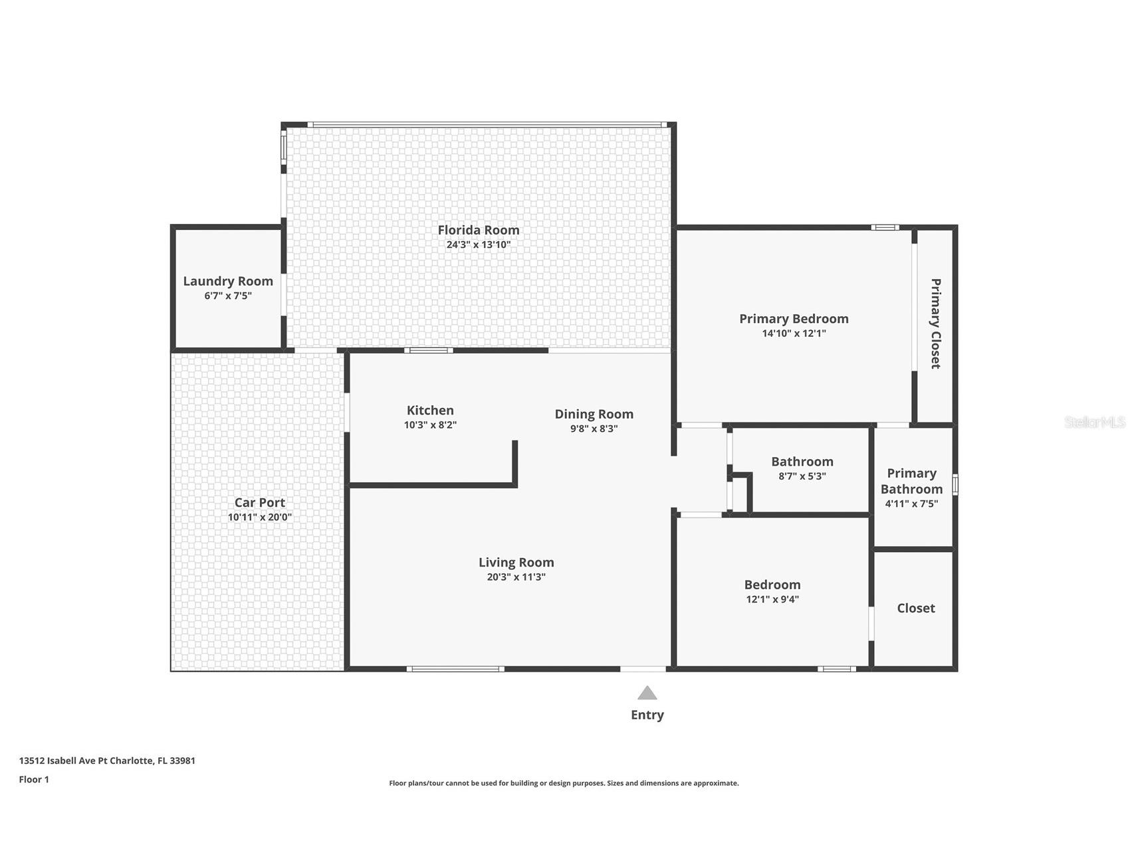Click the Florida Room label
coord(478,230)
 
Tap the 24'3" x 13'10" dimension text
coord(478,244)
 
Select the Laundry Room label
coord(228,281)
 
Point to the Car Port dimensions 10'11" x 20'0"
coord(259,517)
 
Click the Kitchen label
coord(430,411)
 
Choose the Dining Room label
coord(594,414)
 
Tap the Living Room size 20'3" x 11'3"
coord(516,577)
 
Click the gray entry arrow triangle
coord(647,694)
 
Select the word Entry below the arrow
coord(647,715)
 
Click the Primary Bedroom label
coord(794,319)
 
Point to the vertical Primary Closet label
coord(935,324)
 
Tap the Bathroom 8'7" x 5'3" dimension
coord(802,476)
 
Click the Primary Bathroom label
coord(911,481)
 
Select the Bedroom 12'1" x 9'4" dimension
coord(772,599)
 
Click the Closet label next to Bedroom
coord(915,608)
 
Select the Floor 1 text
coord(34,779)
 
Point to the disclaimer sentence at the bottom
coord(564,783)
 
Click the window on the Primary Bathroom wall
coord(955,484)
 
